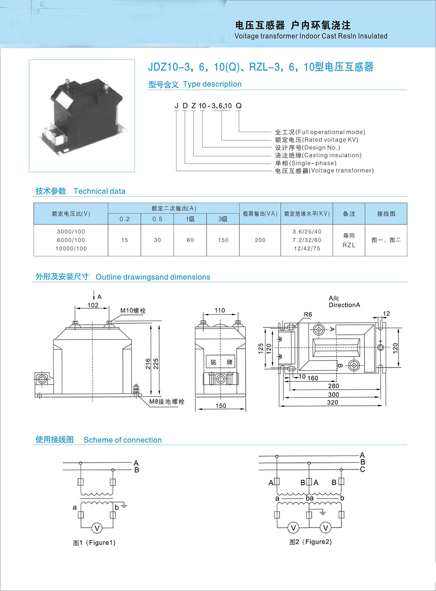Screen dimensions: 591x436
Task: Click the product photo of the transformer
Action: pos(82,115)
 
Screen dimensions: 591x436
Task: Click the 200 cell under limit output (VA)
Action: pos(260,240)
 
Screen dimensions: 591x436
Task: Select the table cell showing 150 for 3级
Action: pos(223,240)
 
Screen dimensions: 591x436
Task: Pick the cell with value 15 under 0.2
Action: pos(125,240)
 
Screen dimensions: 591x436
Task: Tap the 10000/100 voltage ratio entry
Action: pos(71,248)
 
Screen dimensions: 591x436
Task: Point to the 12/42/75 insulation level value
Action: pos(307,248)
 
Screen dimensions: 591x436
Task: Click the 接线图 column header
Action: pos(386,214)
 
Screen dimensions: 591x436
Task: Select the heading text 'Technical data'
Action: pos(99,191)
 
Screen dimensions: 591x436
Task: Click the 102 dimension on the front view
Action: pos(93,305)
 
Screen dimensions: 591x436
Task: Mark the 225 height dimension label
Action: pos(156,363)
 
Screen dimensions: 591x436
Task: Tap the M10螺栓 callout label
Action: pos(133,311)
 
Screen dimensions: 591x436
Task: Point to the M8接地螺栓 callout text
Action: pos(167,401)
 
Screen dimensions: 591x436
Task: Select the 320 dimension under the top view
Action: pos(333,402)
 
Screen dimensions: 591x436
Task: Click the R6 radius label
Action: pos(308,314)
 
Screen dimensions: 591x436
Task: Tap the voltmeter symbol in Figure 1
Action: pos(97,528)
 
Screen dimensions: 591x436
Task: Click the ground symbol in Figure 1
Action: pos(124,506)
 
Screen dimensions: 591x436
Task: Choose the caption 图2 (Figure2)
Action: pos(310,542)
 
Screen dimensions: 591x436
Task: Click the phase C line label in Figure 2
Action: pos(362,469)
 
